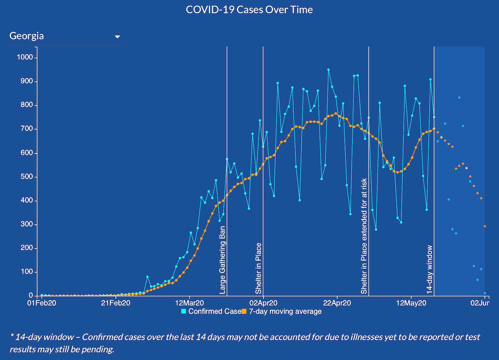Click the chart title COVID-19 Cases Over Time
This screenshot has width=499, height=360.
pyautogui.click(x=249, y=10)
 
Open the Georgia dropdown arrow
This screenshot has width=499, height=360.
pyautogui.click(x=117, y=37)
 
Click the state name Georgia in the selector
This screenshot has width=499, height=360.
pyautogui.click(x=27, y=36)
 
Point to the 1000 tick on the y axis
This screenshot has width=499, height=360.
pyautogui.click(x=25, y=57)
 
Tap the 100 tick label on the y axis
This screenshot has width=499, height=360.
pyautogui.click(x=27, y=272)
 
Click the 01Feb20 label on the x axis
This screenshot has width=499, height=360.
pyautogui.click(x=41, y=303)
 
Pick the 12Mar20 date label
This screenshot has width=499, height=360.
pyautogui.click(x=190, y=303)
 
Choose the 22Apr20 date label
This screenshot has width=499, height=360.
pyautogui.click(x=337, y=303)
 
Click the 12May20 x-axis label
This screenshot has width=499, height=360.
pyautogui.click(x=411, y=303)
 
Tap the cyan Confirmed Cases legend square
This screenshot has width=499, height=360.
pyautogui.click(x=184, y=311)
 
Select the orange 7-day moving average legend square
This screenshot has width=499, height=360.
pyautogui.click(x=244, y=311)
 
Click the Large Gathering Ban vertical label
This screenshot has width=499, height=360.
pyautogui.click(x=222, y=260)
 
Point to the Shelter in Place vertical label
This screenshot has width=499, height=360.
pyautogui.click(x=258, y=268)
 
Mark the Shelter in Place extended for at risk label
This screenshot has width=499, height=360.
pyautogui.click(x=364, y=236)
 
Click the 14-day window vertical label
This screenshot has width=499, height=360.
pyautogui.click(x=429, y=269)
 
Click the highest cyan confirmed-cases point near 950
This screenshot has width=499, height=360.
pyautogui.click(x=328, y=70)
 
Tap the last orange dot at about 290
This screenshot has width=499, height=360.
pyautogui.click(x=485, y=226)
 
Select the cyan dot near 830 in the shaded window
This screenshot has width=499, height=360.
pyautogui.click(x=459, y=97)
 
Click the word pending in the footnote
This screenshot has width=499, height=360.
pyautogui.click(x=99, y=349)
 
